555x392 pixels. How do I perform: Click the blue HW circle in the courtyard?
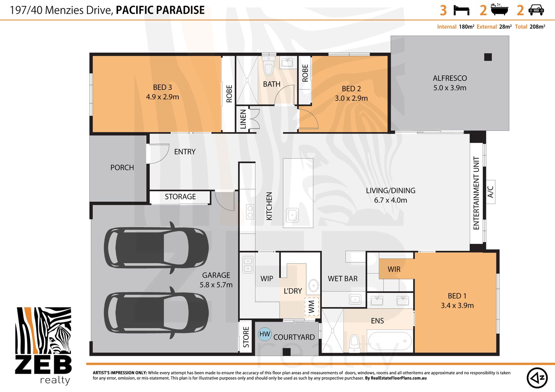pos(265,334)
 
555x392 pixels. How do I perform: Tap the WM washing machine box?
pos(312,307)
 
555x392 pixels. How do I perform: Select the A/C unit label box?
pos(491,192)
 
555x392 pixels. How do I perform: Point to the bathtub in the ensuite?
pos(390,341)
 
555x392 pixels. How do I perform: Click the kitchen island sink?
pos(292,215)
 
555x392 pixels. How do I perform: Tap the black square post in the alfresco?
pos(488,57)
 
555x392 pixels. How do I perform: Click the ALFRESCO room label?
pos(450,78)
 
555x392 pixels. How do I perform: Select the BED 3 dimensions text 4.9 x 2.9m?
pos(162,97)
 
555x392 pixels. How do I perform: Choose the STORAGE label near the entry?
pos(181,197)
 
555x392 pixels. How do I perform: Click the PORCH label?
pos(122,168)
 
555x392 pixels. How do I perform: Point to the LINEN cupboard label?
pos(243,119)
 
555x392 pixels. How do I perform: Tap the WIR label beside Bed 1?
pos(394,269)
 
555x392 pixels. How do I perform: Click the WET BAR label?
pos(343,279)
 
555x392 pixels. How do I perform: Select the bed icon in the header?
pos(461,11)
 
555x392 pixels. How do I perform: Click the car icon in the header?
pos(536,10)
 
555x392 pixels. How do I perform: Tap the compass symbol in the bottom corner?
pos(537,378)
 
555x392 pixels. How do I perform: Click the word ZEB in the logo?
pos(43,364)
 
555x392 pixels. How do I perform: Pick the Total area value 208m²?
pos(538,27)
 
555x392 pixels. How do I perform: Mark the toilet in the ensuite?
pos(354,343)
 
